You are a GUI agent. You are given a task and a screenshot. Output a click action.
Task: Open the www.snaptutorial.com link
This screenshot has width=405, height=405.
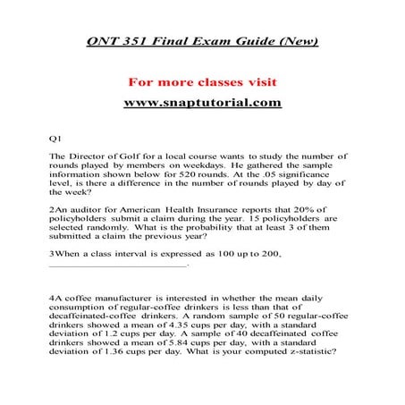(202, 102)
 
